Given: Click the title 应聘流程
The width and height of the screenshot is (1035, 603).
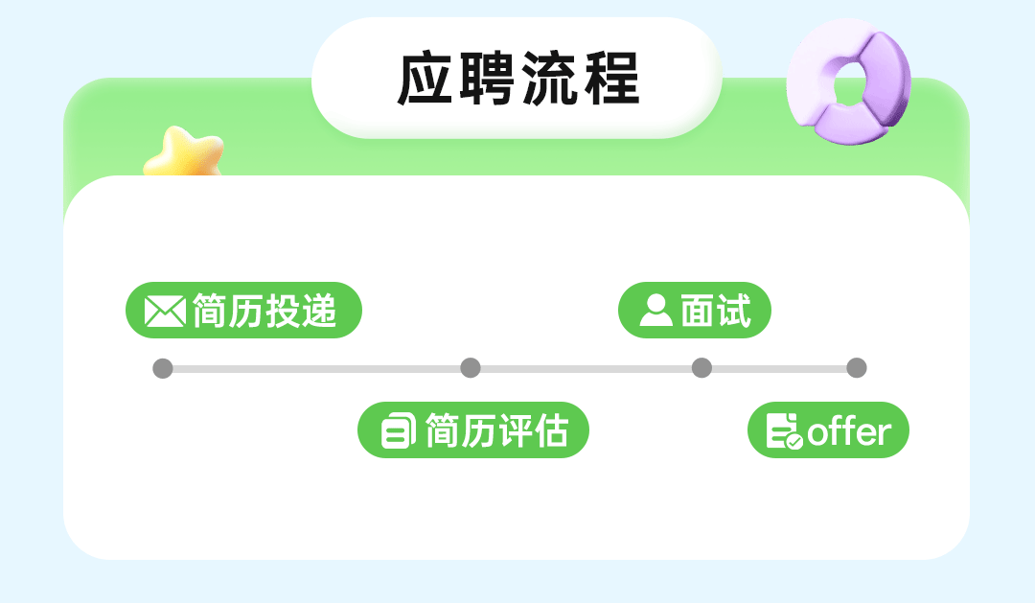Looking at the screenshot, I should coord(517,80).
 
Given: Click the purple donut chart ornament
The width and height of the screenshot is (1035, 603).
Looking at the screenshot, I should coord(848,86).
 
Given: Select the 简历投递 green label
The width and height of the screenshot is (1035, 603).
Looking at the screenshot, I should coord(243,311).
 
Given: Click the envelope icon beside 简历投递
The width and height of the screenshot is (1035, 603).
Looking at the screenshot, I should coord(164,311).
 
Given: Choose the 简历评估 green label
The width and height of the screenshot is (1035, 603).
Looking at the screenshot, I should coord(472,430).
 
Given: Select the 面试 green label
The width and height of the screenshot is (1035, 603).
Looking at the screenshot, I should coord(695,311).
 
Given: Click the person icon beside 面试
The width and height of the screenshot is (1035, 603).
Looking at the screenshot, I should coord(655,311).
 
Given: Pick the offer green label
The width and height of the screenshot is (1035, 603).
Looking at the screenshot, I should coord(828,430).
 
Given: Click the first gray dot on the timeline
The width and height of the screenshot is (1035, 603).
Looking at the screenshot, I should coord(163,368).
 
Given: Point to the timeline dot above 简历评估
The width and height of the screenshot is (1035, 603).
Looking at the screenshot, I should coord(470,368).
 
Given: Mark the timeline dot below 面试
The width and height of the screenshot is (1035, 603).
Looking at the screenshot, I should coord(701,368).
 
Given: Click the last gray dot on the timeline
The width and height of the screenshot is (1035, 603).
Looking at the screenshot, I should coord(857,368).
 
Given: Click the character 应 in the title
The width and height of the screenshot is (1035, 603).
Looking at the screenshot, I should coord(425,80).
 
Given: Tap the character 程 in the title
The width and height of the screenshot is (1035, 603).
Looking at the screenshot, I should coord(611,80).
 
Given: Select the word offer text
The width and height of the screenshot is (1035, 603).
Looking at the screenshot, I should coord(849,431).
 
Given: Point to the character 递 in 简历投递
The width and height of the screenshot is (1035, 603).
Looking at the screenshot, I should coord(320,311).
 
